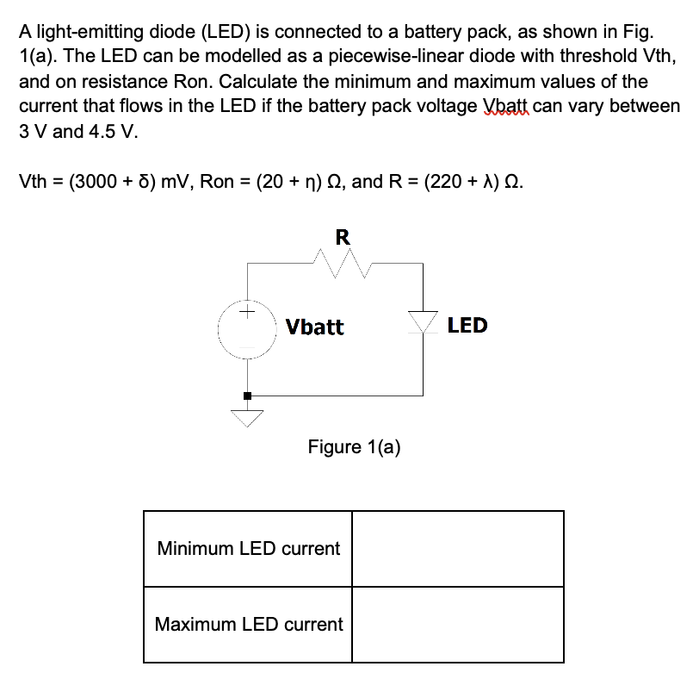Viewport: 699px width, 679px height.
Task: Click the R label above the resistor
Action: click(x=342, y=237)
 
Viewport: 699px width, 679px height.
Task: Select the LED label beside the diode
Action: click(x=467, y=325)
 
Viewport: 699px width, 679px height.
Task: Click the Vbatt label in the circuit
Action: click(x=314, y=327)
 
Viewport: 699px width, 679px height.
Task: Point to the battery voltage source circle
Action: click(x=248, y=328)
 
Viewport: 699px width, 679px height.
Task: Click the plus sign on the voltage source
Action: click(x=247, y=310)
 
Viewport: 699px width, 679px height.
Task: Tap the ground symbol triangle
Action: click(x=248, y=419)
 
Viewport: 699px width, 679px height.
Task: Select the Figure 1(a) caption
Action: click(x=354, y=446)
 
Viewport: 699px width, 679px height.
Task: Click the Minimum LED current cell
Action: click(x=249, y=548)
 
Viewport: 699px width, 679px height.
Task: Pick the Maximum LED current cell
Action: click(x=249, y=624)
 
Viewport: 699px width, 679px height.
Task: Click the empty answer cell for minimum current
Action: click(x=458, y=548)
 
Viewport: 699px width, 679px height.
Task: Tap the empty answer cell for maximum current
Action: click(x=458, y=624)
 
